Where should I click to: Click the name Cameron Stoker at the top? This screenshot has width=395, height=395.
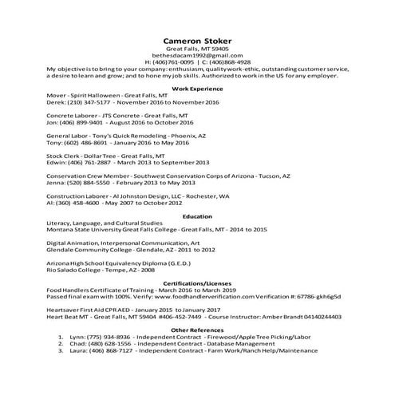197,40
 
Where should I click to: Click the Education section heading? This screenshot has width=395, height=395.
197,216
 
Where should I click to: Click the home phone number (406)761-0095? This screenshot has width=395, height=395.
173,61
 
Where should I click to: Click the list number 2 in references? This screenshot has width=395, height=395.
61,343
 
